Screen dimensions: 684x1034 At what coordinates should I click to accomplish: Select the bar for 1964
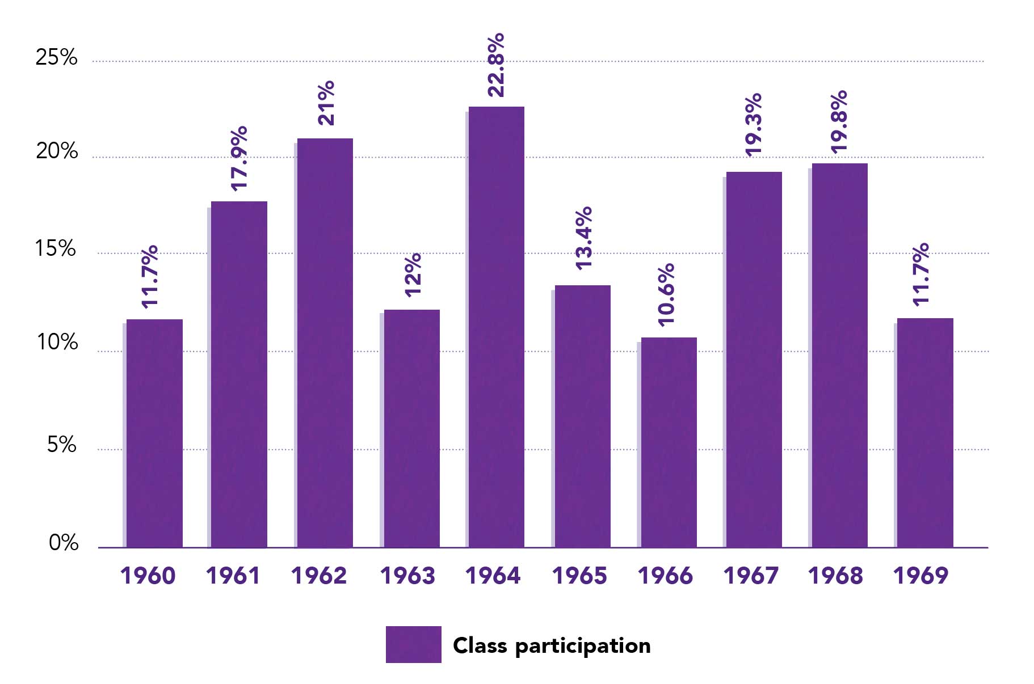496,327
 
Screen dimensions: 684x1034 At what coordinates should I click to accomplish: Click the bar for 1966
669,442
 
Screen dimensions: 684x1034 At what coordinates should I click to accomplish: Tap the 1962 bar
325,343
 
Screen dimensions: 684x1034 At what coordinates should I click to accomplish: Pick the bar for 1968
839,355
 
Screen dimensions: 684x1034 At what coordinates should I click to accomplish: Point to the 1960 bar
154,433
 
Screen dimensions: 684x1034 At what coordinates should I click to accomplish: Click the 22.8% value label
495,65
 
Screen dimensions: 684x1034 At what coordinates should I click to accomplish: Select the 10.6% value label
666,295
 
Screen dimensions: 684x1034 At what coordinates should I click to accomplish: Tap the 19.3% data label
753,125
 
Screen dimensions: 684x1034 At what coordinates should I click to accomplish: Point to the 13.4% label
583,238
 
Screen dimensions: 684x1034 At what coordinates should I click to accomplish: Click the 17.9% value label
239,158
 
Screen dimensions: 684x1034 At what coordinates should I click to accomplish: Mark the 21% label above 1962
326,103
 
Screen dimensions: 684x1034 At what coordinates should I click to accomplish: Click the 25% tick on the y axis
56,57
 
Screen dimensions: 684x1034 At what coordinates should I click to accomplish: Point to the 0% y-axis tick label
64,543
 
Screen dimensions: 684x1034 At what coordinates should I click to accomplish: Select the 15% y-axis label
56,248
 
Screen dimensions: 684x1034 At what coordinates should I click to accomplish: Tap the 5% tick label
61,445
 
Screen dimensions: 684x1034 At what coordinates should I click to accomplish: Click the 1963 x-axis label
407,576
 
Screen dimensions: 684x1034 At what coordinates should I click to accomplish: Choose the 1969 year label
920,576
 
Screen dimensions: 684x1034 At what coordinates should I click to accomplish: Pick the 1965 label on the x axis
579,576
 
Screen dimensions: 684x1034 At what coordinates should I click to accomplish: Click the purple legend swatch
413,644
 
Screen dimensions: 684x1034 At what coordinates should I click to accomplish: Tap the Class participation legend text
552,645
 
